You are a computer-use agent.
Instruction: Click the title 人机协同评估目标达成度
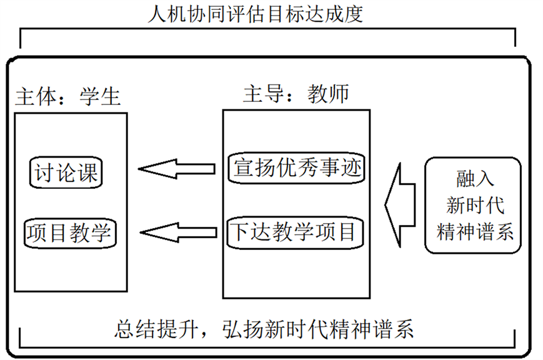pos(256,14)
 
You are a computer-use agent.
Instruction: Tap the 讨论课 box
pos(66,172)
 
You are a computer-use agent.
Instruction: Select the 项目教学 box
pos(70,233)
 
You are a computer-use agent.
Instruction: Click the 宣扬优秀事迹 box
pos(296,167)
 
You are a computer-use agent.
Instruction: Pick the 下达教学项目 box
pos(295,232)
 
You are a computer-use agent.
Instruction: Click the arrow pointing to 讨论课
pos(177,169)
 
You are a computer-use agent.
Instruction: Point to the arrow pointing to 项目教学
pos(178,232)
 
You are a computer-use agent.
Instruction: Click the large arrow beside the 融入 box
pos(400,205)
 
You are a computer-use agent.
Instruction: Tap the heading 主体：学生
pos(68,96)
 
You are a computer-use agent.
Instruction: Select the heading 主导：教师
pos(296,94)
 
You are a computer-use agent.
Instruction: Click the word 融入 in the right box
pos(475,179)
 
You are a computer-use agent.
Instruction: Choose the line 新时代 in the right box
pos(475,205)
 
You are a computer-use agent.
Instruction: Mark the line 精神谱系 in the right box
pos(475,231)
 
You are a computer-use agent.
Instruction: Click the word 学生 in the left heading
pos(100,96)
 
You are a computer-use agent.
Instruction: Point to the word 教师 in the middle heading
pos(328,94)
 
